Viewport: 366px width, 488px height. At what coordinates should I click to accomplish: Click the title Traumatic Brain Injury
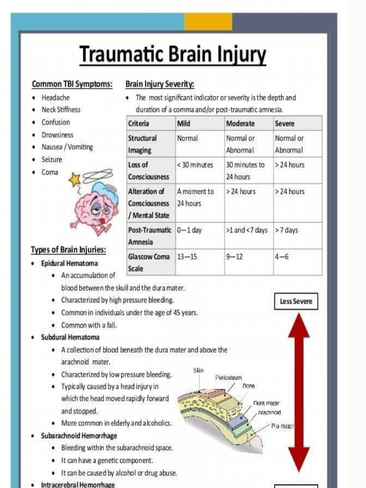coord(173,54)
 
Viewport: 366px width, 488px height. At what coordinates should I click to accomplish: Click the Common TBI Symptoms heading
coord(72,84)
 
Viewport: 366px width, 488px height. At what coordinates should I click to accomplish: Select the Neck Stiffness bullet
coord(61,110)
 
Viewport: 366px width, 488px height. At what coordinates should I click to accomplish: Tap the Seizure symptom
coord(51,160)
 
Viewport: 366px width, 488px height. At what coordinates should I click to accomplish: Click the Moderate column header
coord(240,123)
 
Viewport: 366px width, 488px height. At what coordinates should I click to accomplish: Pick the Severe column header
coord(285,123)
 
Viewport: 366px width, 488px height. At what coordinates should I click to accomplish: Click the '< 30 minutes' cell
coord(195,165)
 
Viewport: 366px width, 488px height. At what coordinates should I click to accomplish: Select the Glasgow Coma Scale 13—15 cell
coord(187,257)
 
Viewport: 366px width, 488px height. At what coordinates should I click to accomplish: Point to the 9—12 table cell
coord(234,257)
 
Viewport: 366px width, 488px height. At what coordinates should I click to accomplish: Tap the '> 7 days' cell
coord(286,230)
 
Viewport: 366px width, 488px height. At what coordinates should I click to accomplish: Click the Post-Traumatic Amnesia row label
coord(150,236)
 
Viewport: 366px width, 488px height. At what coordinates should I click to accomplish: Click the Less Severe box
coord(295,302)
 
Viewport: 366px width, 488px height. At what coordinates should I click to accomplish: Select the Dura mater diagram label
coord(266,403)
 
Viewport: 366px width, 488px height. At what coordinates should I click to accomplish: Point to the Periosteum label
coord(228,377)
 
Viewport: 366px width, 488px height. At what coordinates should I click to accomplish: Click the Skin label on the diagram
coord(198,370)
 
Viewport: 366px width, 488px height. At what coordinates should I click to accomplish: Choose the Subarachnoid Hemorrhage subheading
coord(79,436)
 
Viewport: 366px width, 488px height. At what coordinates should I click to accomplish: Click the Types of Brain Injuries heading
coord(68,250)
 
